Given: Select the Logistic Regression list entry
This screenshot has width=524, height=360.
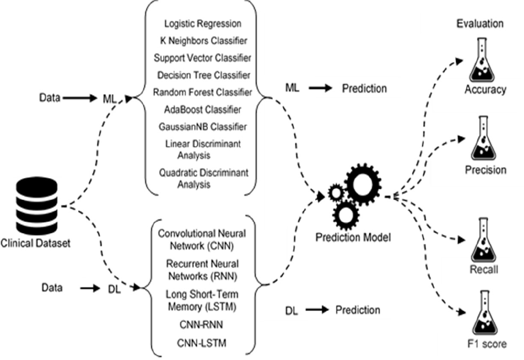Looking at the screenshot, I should (x=203, y=23).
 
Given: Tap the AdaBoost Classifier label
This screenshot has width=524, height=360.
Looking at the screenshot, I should (x=203, y=109).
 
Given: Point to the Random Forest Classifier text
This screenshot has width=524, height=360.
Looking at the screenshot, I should (x=202, y=92).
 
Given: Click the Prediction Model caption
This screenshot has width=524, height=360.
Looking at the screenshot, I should (x=353, y=237).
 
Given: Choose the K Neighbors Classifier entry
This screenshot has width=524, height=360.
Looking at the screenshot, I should (x=203, y=41).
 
